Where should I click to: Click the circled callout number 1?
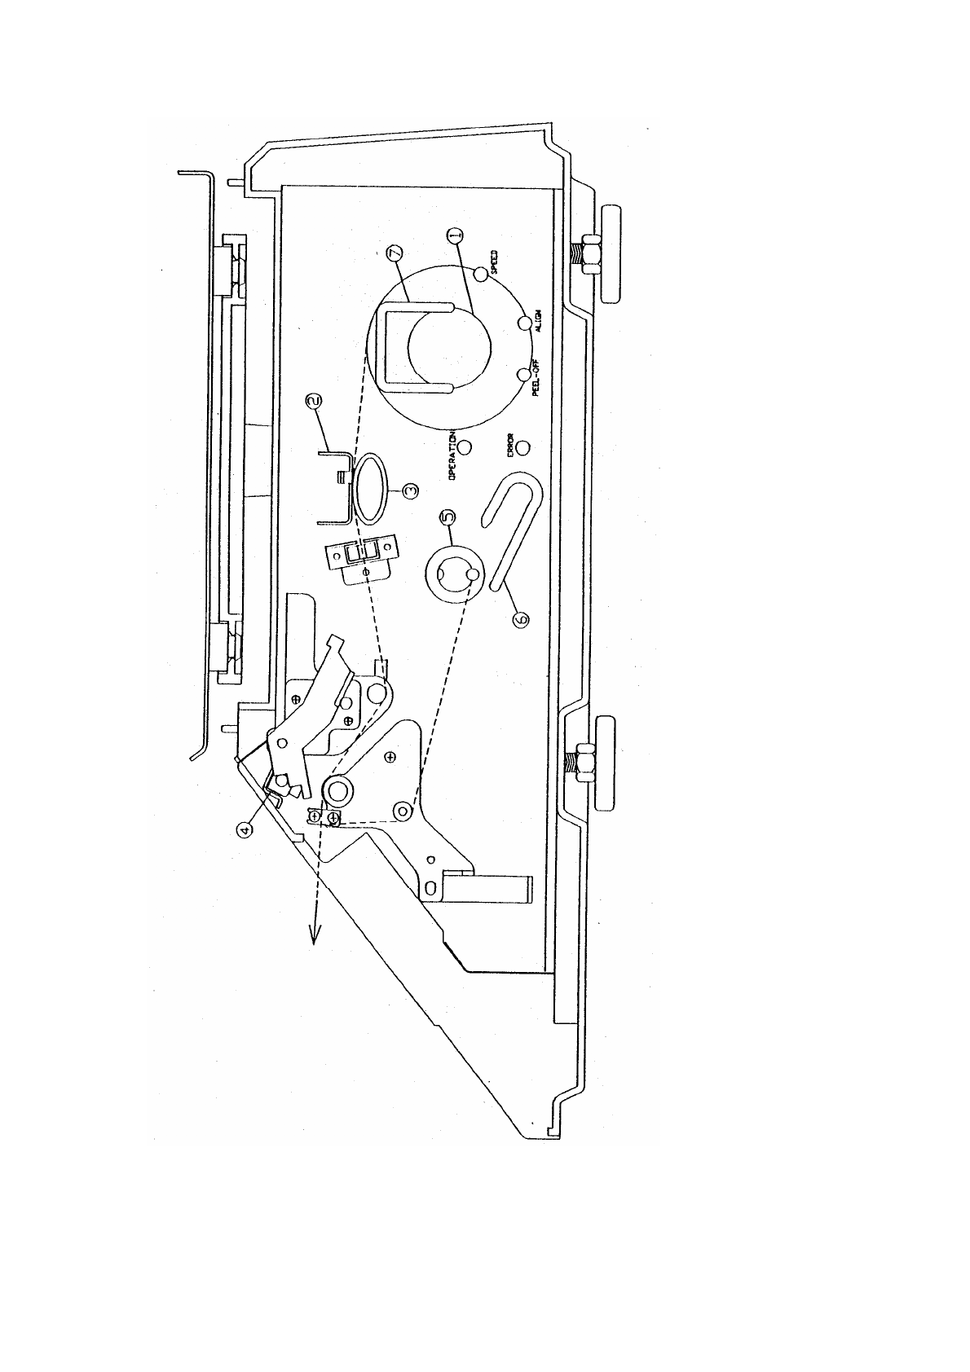pos(456,235)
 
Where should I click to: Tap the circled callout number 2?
pos(314,402)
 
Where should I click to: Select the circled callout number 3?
pos(412,490)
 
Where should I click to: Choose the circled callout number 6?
pos(521,620)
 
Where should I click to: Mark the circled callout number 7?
pos(396,253)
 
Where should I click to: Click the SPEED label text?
pos(495,263)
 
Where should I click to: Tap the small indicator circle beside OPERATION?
pos(465,447)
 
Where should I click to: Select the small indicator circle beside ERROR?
pos(523,447)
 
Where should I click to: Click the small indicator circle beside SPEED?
pos(480,275)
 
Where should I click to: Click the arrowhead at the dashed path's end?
pos(313,935)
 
